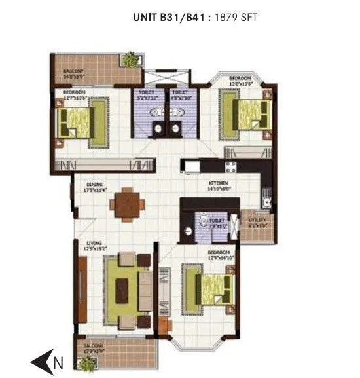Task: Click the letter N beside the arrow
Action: tap(58, 361)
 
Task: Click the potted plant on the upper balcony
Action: tap(132, 58)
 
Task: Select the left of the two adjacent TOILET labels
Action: tap(147, 93)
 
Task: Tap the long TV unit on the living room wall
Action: tap(82, 288)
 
